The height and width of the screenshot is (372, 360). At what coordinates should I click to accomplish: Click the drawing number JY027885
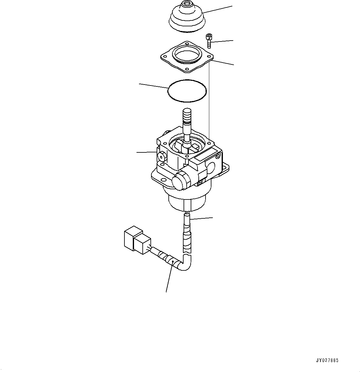click(x=327, y=361)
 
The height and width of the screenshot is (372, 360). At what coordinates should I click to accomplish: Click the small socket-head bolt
click(x=209, y=41)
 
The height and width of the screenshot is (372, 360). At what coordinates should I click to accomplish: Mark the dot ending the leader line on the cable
click(x=172, y=262)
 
